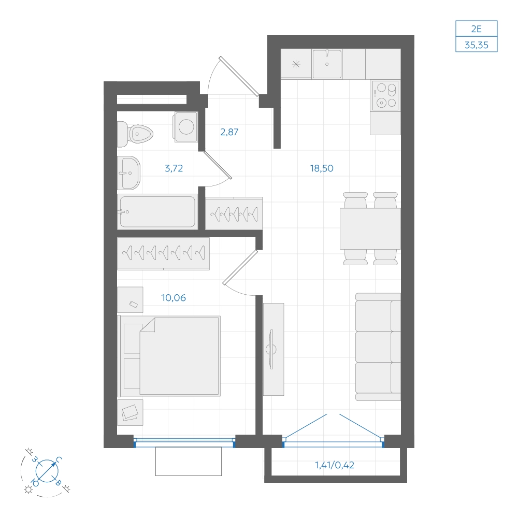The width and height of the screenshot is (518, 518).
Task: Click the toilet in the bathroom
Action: tap(135, 134)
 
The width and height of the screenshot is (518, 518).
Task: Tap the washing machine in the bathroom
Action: tap(185, 127)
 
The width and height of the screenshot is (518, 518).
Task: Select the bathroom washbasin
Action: tap(129, 173)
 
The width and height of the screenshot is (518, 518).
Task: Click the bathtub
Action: tap(157, 212)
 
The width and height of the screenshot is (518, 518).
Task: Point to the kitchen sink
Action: tap(327, 64)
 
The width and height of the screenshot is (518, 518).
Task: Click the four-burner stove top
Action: tap(385, 95)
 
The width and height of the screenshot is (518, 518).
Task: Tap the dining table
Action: tap(370, 228)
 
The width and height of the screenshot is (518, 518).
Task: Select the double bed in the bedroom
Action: tap(169, 356)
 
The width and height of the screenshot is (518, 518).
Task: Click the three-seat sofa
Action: tap(378, 347)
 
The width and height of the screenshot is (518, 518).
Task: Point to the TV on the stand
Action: tap(271, 349)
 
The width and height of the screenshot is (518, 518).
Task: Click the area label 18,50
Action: tap(322, 168)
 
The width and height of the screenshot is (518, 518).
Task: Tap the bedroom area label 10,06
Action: tap(174, 298)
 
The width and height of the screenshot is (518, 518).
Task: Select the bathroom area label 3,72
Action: tap(174, 168)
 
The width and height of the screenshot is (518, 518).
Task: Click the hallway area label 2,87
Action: tap(229, 132)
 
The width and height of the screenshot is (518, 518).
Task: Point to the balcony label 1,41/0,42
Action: tap(335, 465)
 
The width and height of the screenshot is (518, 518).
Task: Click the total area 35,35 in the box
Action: tap(477, 45)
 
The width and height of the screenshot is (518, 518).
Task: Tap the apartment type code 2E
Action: tap(477, 29)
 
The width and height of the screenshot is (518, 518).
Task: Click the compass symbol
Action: tap(47, 471)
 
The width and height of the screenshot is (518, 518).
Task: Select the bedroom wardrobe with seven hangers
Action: tap(164, 253)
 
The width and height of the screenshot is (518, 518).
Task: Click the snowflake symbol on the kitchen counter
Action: tap(296, 64)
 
